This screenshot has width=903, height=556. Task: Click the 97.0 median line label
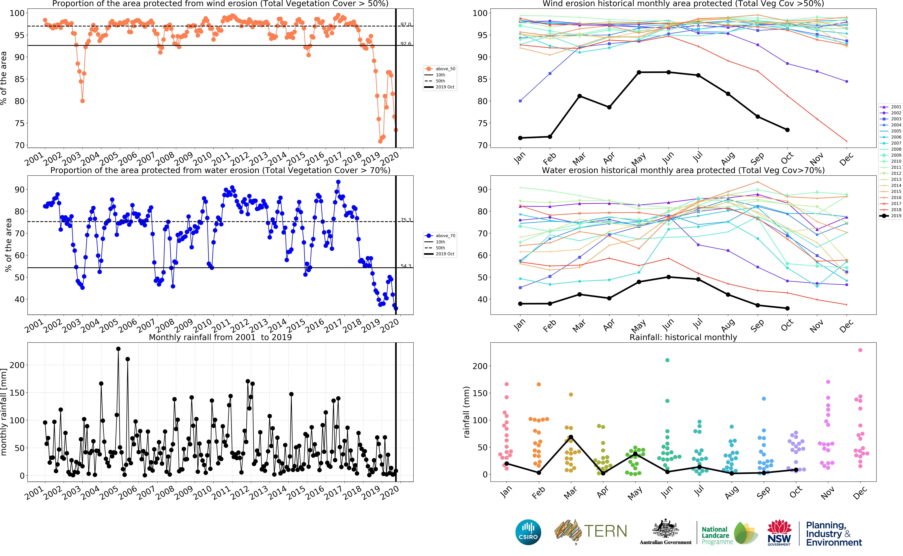pos(406,24)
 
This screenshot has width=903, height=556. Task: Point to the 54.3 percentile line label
pos(406,266)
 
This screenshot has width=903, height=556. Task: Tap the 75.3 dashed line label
pos(406,220)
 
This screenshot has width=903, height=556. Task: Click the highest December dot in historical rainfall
pos(860,350)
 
